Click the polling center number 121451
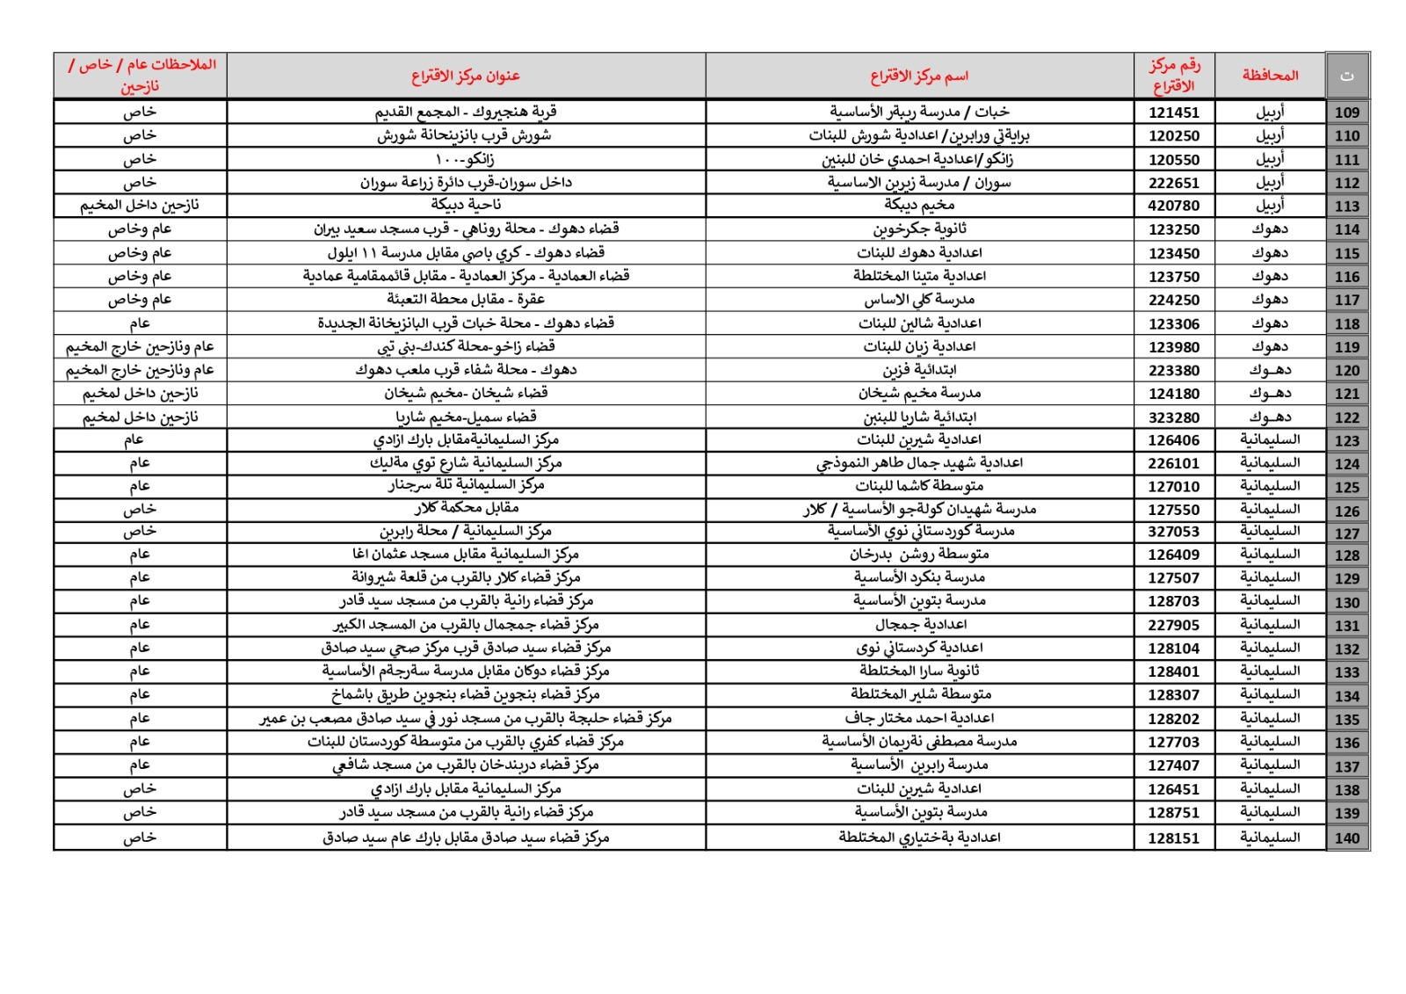tap(1173, 112)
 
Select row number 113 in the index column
tap(1346, 207)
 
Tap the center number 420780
tap(1173, 206)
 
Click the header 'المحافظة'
tap(1270, 76)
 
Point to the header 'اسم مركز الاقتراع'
tap(919, 76)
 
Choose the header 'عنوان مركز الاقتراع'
tap(466, 76)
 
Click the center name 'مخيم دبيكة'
tap(919, 205)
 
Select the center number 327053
tap(1173, 532)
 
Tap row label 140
tap(1346, 838)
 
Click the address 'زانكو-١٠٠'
tap(465, 159)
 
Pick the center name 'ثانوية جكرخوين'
tap(919, 229)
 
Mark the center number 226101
tap(1173, 463)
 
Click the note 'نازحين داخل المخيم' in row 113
tap(140, 205)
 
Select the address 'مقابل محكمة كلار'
tap(467, 508)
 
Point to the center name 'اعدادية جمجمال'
tap(920, 625)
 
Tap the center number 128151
tap(1173, 838)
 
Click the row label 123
tap(1346, 440)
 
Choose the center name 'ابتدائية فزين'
tap(919, 370)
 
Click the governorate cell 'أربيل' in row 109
tap(1270, 112)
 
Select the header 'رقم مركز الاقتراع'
tap(1174, 76)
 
